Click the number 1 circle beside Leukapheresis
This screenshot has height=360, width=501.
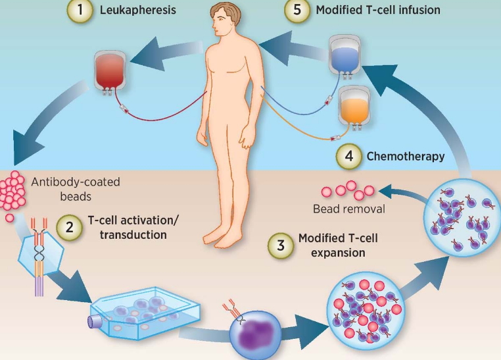point(80,11)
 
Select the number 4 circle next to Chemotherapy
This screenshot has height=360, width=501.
point(348,157)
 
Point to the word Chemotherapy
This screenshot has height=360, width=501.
point(405,157)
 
